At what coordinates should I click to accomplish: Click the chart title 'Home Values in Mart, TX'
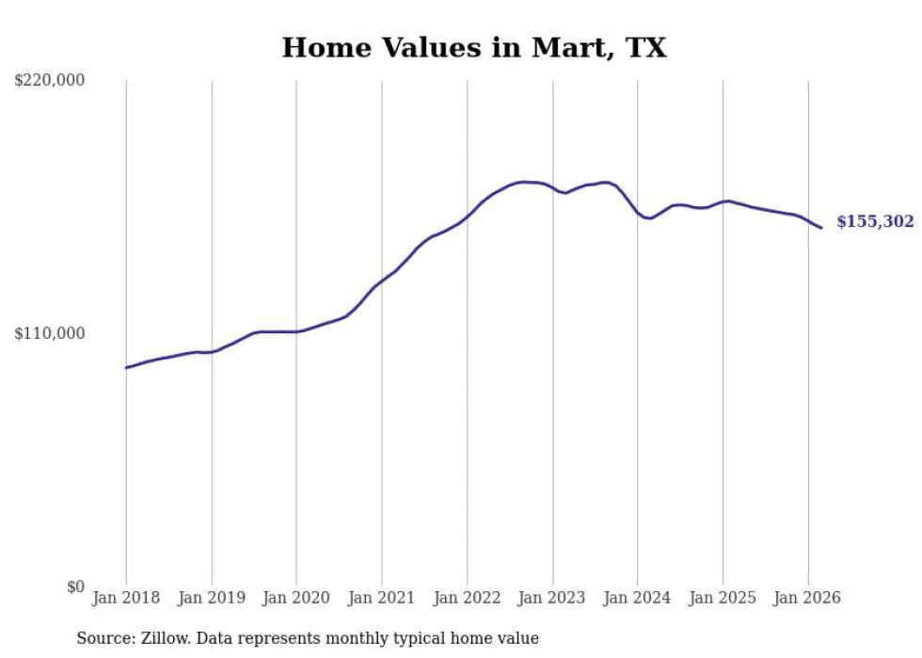coord(474,48)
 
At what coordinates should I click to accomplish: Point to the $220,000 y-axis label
coord(50,81)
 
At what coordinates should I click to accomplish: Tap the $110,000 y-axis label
coord(50,333)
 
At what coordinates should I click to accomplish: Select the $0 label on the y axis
coord(75,586)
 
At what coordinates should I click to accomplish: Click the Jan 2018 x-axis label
coord(126,598)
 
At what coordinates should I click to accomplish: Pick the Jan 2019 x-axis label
coord(212,598)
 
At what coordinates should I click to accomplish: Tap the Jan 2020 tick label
coord(296,598)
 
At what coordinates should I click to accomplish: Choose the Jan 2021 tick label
coord(382,598)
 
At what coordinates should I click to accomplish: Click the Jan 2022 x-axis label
coord(467,598)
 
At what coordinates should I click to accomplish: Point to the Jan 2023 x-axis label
coord(552,598)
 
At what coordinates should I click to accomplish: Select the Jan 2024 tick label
coord(637,598)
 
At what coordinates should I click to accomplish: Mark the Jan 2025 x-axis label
coord(723,598)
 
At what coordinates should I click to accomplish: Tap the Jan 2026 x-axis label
coord(807,598)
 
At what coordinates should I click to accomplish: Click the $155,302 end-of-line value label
coord(875,222)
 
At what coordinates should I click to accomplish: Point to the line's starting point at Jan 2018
coord(126,367)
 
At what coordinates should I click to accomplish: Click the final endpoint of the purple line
coord(821,228)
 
